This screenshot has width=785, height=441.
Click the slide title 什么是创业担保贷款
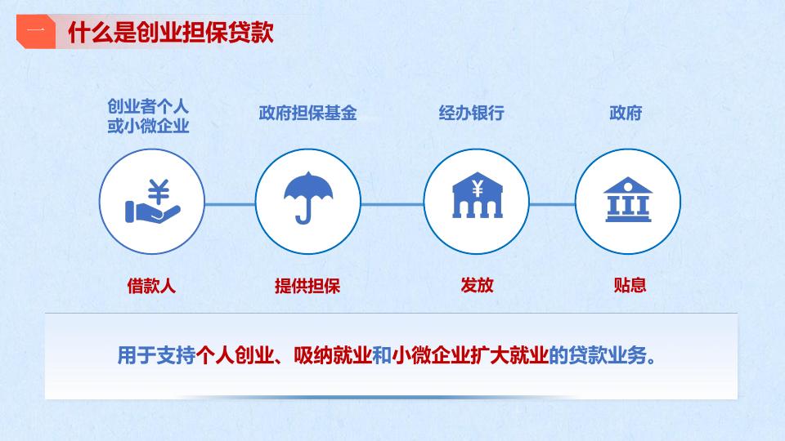click(171, 33)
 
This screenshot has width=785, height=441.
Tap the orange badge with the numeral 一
click(35, 32)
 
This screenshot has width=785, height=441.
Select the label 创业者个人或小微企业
click(148, 116)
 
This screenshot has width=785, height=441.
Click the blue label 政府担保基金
click(308, 113)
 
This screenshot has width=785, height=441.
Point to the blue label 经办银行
click(472, 113)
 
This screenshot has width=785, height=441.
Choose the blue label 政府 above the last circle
click(626, 113)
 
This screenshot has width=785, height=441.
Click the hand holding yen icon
click(152, 201)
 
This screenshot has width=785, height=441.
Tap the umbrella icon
click(308, 198)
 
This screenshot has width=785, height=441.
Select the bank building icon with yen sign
click(477, 195)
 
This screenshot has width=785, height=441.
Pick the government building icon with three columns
click(628, 199)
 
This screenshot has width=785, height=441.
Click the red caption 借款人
click(151, 286)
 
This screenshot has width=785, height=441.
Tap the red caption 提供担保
click(307, 286)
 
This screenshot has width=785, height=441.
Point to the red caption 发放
click(477, 285)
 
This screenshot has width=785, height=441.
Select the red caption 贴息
click(630, 285)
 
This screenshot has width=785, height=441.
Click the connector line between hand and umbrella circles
click(230, 204)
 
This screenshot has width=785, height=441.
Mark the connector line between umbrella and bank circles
click(392, 204)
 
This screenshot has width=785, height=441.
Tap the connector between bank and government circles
click(552, 204)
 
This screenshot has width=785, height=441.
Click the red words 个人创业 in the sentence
click(235, 355)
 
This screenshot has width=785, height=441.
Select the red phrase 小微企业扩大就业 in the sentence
click(470, 355)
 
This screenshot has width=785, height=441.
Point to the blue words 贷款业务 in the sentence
click(608, 355)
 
